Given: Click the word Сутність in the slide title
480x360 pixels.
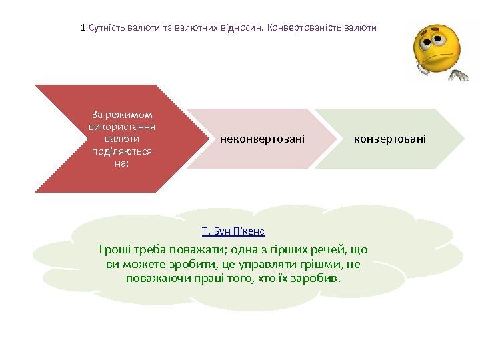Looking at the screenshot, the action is point(107,28).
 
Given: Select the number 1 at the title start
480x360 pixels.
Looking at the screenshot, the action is point(83,28).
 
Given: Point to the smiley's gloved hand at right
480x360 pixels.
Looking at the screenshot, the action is point(459,74).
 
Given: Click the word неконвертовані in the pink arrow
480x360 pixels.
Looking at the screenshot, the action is point(262,139).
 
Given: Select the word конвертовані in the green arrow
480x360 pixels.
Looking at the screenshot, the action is point(390,139).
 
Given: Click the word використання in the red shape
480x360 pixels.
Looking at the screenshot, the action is point(122,127).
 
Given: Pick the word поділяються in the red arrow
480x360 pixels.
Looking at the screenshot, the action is point(122,151).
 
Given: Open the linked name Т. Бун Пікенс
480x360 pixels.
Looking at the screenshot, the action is point(233,231).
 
